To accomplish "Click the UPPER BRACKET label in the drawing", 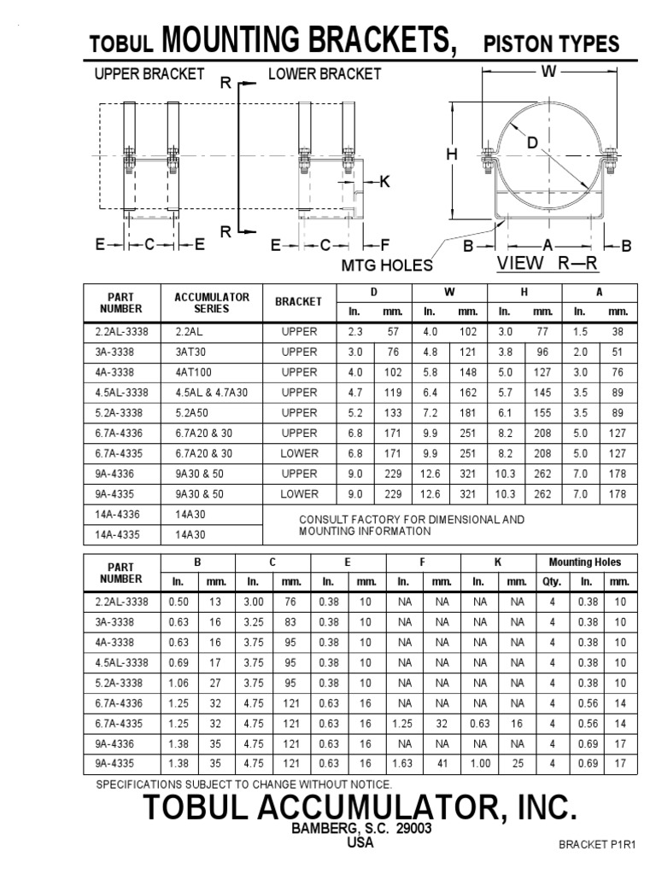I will pyautogui.click(x=149, y=74).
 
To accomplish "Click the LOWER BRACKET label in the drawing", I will pyautogui.click(x=325, y=74).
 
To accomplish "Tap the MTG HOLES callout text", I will pyautogui.click(x=387, y=265).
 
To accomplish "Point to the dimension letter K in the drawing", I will pyautogui.click(x=384, y=181).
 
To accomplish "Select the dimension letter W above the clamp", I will pyautogui.click(x=549, y=73).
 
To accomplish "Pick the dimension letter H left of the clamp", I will pyautogui.click(x=452, y=154).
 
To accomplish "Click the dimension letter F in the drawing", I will pyautogui.click(x=384, y=245).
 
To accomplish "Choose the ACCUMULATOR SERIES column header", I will pyautogui.click(x=211, y=303).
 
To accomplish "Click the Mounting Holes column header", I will pyautogui.click(x=586, y=562).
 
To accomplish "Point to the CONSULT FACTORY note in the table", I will pyautogui.click(x=411, y=525).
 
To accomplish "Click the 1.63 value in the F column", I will pyautogui.click(x=404, y=764).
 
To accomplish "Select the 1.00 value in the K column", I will pyautogui.click(x=478, y=764).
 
